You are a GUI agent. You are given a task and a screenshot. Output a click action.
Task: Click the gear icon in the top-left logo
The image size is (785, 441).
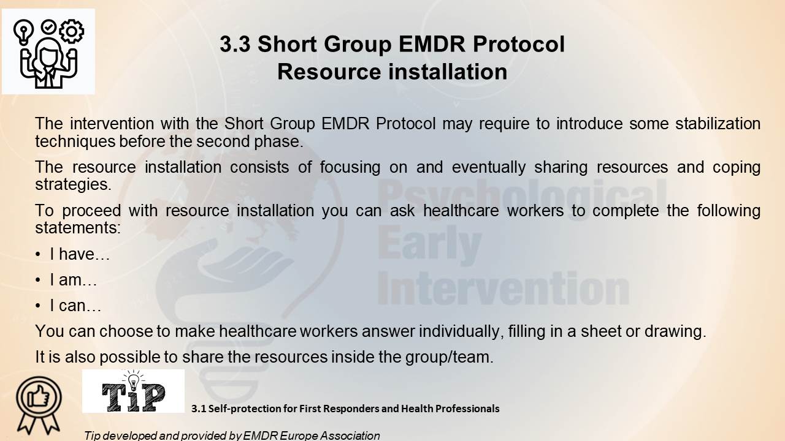click(72, 31)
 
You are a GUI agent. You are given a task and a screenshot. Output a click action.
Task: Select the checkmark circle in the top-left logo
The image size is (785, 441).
click(48, 26)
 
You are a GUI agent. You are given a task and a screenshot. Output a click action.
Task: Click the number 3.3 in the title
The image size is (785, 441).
click(235, 45)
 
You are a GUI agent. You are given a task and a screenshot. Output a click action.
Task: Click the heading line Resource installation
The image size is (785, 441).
click(392, 72)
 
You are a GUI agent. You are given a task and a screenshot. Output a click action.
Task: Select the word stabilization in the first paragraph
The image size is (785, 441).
click(718, 124)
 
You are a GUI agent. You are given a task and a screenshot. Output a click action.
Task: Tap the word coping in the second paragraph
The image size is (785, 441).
click(737, 168)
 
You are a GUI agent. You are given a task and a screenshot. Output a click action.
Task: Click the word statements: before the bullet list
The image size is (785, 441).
click(78, 228)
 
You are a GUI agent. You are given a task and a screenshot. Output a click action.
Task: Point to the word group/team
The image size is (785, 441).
click(450, 357)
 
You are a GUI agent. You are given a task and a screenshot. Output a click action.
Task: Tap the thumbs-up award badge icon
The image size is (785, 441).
click(39, 405)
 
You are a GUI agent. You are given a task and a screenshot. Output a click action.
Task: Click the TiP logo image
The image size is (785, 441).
click(133, 391)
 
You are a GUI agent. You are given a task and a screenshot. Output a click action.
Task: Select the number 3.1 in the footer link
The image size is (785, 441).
click(198, 409)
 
